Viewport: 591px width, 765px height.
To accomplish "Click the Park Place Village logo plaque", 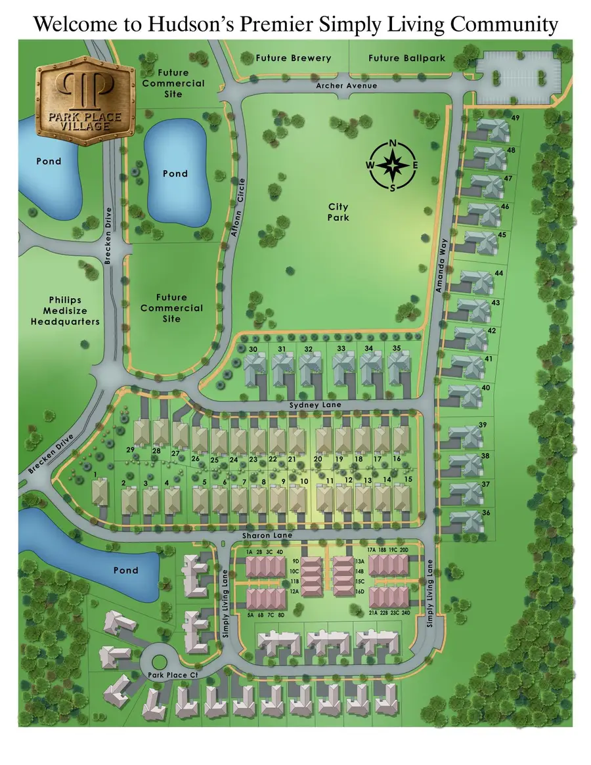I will coord(87,98).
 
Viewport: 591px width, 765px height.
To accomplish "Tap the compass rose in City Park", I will coord(392,165).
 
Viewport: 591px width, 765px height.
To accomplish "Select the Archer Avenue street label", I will coord(346,86).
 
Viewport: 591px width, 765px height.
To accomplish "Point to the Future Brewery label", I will coord(293,58).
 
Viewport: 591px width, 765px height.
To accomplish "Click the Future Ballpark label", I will coord(406,58).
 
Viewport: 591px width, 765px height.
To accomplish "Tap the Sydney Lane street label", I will coord(315,405).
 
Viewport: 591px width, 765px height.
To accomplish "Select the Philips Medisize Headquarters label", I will coord(64,311).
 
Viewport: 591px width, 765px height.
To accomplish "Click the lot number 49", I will coord(515,118).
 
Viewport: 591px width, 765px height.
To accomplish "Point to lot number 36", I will coord(486,513).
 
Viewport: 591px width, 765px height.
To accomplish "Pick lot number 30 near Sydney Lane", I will coord(253,349).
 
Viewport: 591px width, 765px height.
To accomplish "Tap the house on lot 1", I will coord(100,492).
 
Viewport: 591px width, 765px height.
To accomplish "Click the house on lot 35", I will coord(397,368).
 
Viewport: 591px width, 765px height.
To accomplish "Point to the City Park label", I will coord(339,212).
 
